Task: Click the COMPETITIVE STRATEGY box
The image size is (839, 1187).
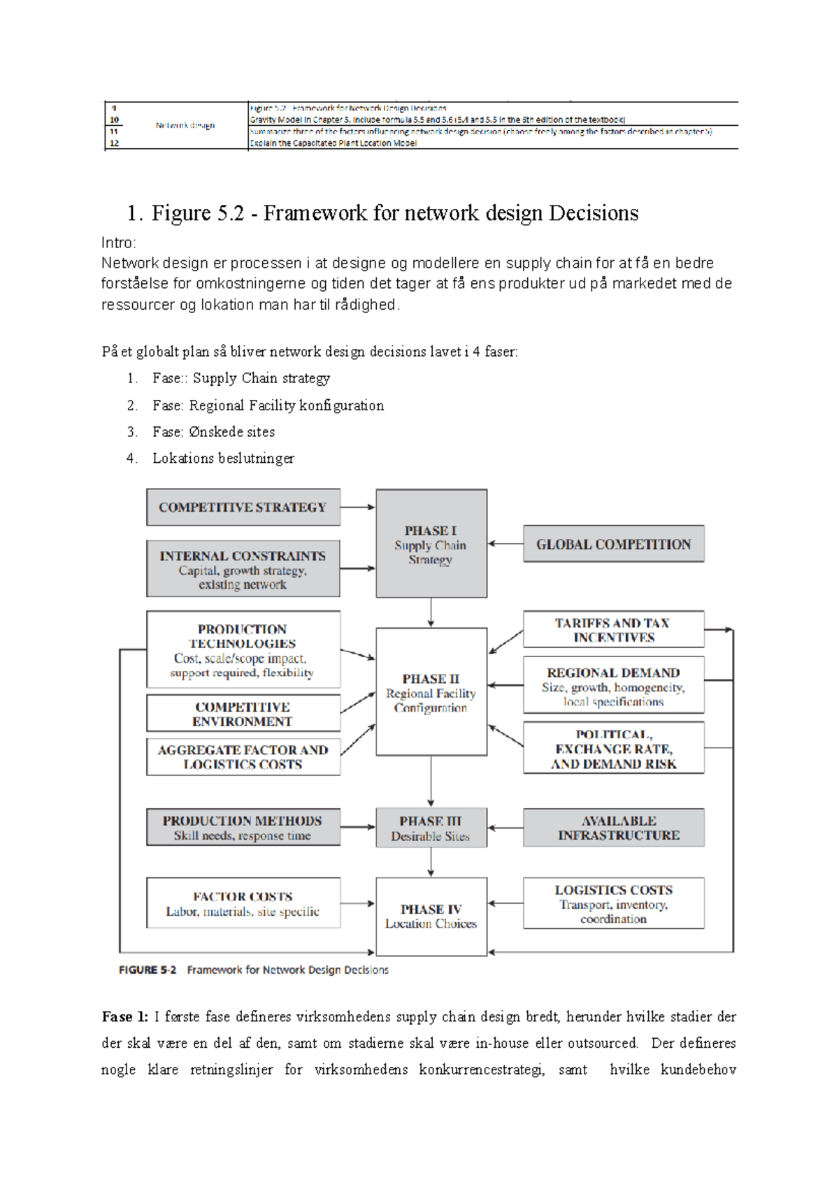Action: [x=243, y=508]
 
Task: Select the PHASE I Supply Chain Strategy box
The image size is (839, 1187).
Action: [x=431, y=544]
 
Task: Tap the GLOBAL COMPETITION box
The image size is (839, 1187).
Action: [x=613, y=544]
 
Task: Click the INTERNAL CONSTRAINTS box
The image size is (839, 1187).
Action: [x=243, y=569]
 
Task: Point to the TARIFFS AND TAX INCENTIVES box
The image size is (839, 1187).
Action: [x=613, y=630]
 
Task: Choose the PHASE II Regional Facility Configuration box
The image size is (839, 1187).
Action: [x=431, y=692]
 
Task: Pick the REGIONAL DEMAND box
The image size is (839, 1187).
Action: [x=613, y=686]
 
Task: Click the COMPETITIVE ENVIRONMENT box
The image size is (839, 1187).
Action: [x=243, y=714]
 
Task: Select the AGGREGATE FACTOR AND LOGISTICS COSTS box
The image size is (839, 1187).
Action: [x=243, y=757]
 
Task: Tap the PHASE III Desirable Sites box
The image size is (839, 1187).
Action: [x=431, y=828]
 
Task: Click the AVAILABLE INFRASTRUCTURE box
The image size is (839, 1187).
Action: [x=613, y=828]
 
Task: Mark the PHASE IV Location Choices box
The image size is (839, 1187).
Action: [x=431, y=916]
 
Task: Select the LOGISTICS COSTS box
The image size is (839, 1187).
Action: [x=613, y=903]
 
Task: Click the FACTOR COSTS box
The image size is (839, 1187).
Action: [x=243, y=903]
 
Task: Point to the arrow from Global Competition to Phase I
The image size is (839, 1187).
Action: [x=505, y=543]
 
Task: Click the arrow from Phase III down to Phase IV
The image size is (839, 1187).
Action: [x=431, y=863]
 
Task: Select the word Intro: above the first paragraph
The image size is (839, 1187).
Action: [x=118, y=243]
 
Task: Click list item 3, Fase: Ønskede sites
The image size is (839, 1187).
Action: [x=213, y=432]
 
